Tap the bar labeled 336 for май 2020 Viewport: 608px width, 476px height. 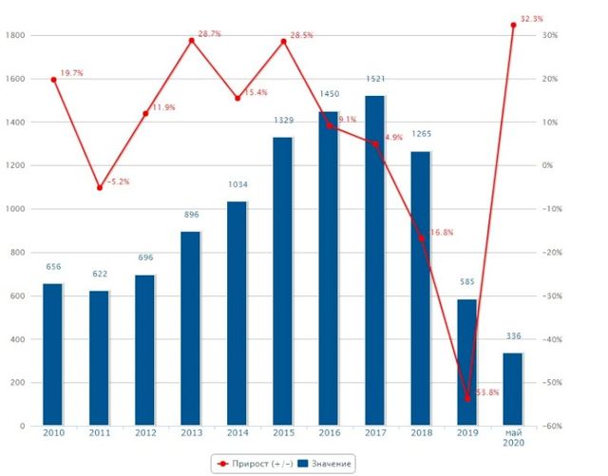click(x=512, y=389)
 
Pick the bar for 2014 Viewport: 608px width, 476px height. click(x=237, y=313)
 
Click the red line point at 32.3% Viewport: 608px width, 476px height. click(x=513, y=25)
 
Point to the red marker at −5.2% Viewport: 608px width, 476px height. click(x=100, y=187)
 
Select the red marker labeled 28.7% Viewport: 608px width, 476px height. click(x=191, y=40)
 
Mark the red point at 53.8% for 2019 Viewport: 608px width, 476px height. click(x=467, y=398)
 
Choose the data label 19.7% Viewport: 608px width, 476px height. click(x=72, y=72)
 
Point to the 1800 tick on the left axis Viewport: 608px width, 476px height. click(x=15, y=35)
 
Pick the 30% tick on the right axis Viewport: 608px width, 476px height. click(x=552, y=35)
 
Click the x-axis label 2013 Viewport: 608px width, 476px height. click(x=191, y=433)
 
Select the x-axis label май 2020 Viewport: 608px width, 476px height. click(x=512, y=438)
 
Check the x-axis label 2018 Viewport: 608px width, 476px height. click(x=421, y=433)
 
